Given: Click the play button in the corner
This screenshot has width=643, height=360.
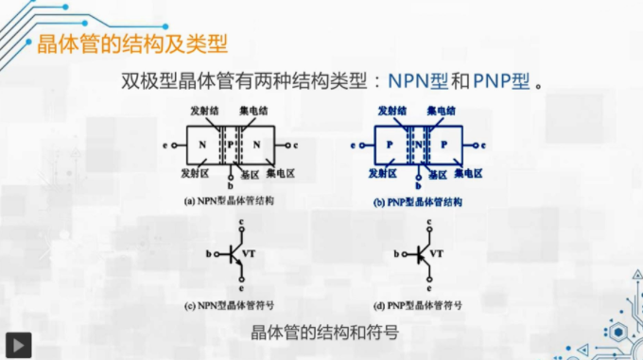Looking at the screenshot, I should coord(18,344).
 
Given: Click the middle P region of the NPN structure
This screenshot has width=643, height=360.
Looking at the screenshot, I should coord(230,146).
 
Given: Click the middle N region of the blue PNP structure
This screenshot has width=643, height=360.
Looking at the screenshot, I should coord(417,146).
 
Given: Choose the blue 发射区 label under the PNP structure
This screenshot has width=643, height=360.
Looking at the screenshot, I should coord(383,174).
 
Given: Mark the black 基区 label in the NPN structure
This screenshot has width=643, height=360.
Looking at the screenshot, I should coord(250,175).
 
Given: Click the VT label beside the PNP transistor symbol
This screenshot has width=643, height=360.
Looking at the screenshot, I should coord(437,253).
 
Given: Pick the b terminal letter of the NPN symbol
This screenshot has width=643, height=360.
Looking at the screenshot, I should coord(209,253).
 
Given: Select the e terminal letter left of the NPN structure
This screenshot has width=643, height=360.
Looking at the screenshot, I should coord(165,146).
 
